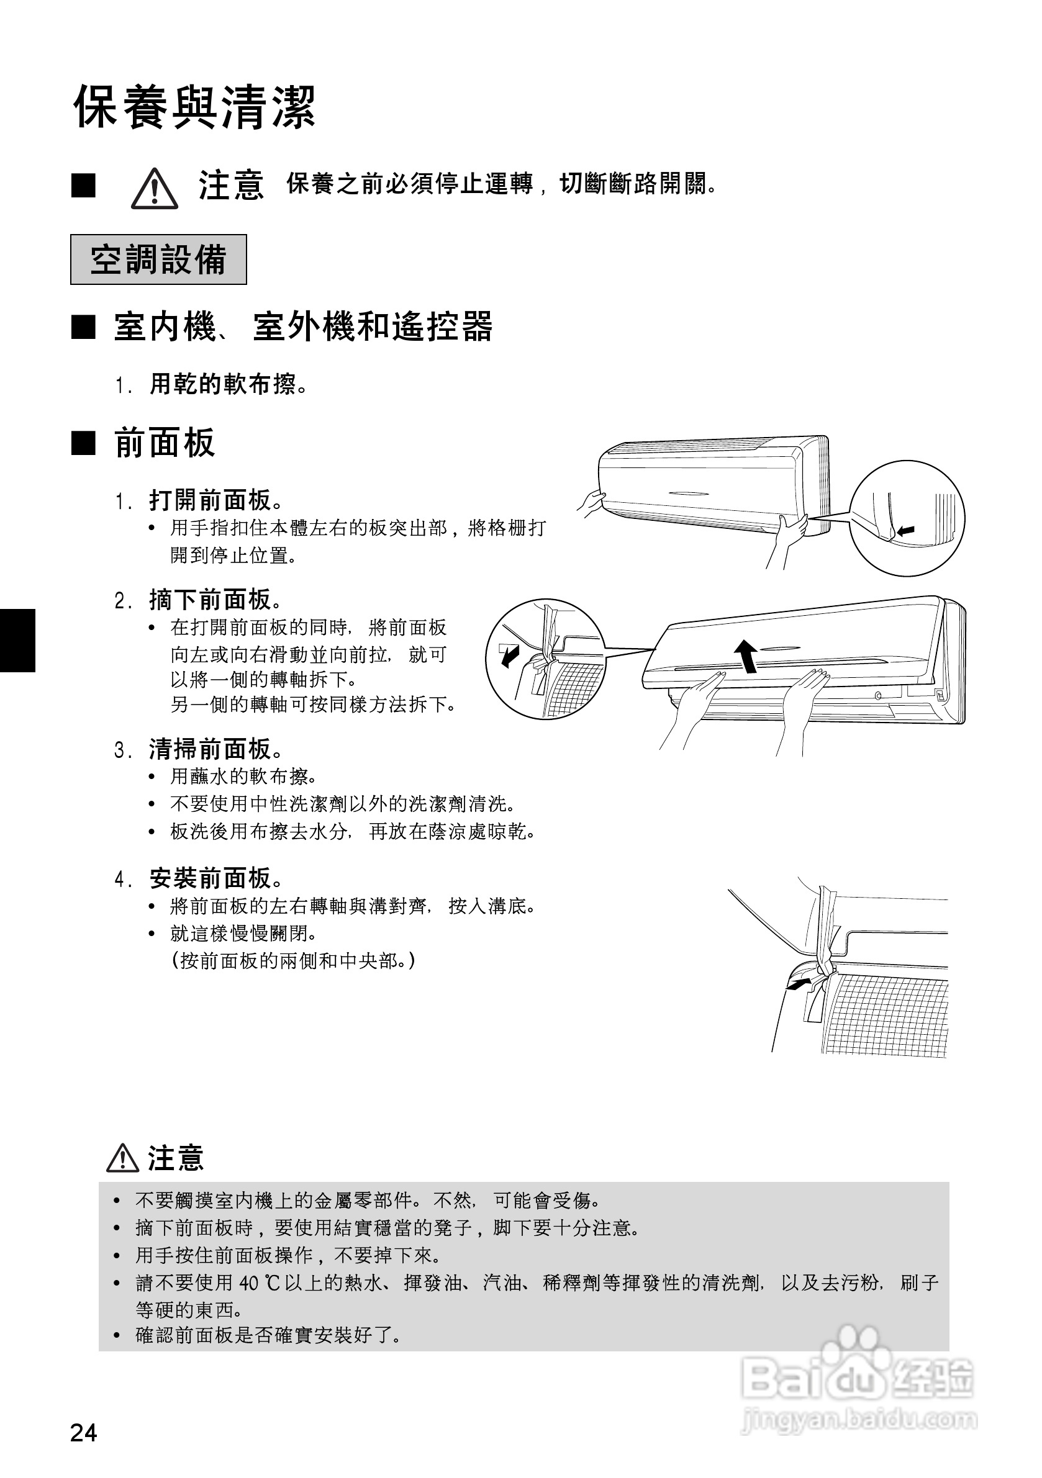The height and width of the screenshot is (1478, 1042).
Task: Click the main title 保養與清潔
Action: click(194, 107)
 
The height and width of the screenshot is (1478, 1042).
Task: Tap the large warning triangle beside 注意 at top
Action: click(155, 188)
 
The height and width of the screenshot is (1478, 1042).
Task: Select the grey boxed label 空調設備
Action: click(158, 259)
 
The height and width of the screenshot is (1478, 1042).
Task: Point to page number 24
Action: click(84, 1433)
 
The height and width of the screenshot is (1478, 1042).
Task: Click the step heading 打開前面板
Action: click(215, 499)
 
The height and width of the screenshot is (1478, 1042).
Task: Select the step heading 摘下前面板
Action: click(215, 599)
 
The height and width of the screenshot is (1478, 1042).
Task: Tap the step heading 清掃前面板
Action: click(215, 749)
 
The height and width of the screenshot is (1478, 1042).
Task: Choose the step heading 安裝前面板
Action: click(215, 877)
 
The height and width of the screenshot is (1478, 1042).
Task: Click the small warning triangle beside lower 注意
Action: click(122, 1158)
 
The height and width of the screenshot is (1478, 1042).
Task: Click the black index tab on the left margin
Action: click(17, 640)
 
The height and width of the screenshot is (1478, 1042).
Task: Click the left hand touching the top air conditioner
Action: click(590, 502)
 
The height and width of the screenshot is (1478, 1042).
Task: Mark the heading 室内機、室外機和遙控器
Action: click(302, 327)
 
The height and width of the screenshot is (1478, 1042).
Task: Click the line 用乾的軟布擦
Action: click(227, 384)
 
